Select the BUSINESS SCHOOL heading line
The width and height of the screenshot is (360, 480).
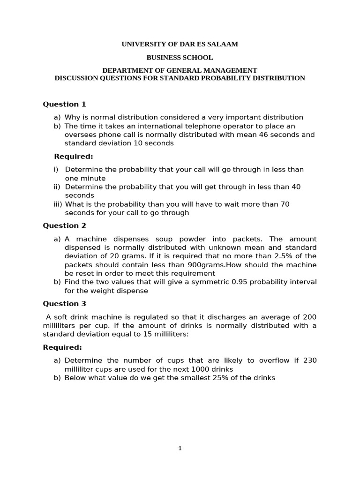tap(180, 58)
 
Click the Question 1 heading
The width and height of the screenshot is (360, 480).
tap(64, 104)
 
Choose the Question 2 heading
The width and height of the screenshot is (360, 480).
tap(64, 225)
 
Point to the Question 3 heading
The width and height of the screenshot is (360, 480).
tap(64, 303)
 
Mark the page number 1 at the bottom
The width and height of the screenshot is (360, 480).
tap(180, 449)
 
